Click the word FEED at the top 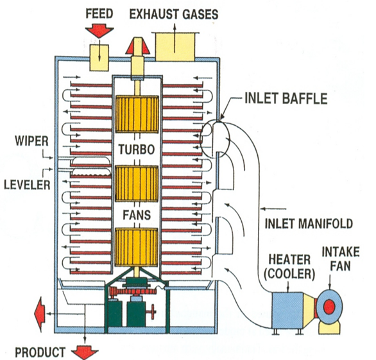pos(99,14)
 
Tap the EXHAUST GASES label pos(174,14)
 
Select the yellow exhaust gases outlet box pos(175,47)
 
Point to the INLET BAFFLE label pos(286,98)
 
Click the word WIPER pos(31,141)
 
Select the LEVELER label pos(28,185)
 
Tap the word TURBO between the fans pos(137,150)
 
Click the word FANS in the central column pos(137,215)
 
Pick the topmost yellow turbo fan pos(137,114)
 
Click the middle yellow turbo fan pos(137,184)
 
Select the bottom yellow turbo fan pos(136,247)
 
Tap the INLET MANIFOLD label pos(309,223)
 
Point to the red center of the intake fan pos(329,306)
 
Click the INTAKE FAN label pos(341,259)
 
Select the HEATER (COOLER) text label pos(289,267)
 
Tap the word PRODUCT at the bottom pos(40,352)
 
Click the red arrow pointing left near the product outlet pos(40,314)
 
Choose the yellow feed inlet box pos(99,58)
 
